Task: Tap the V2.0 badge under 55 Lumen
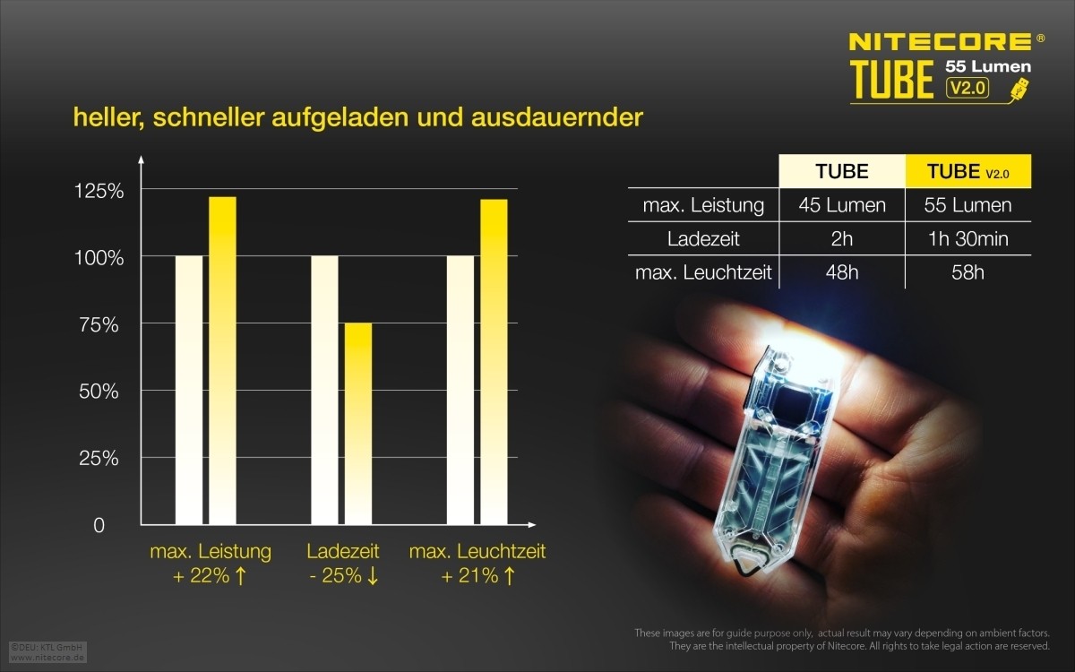pos(967,88)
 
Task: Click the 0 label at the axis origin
pos(99,525)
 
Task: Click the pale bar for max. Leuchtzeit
pos(460,390)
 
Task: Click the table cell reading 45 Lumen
pos(842,205)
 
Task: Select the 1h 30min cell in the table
pos(967,239)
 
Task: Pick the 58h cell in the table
pos(967,272)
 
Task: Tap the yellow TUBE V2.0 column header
pos(967,171)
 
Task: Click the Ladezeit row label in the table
pos(703,239)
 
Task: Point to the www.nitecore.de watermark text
pos(47,658)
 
